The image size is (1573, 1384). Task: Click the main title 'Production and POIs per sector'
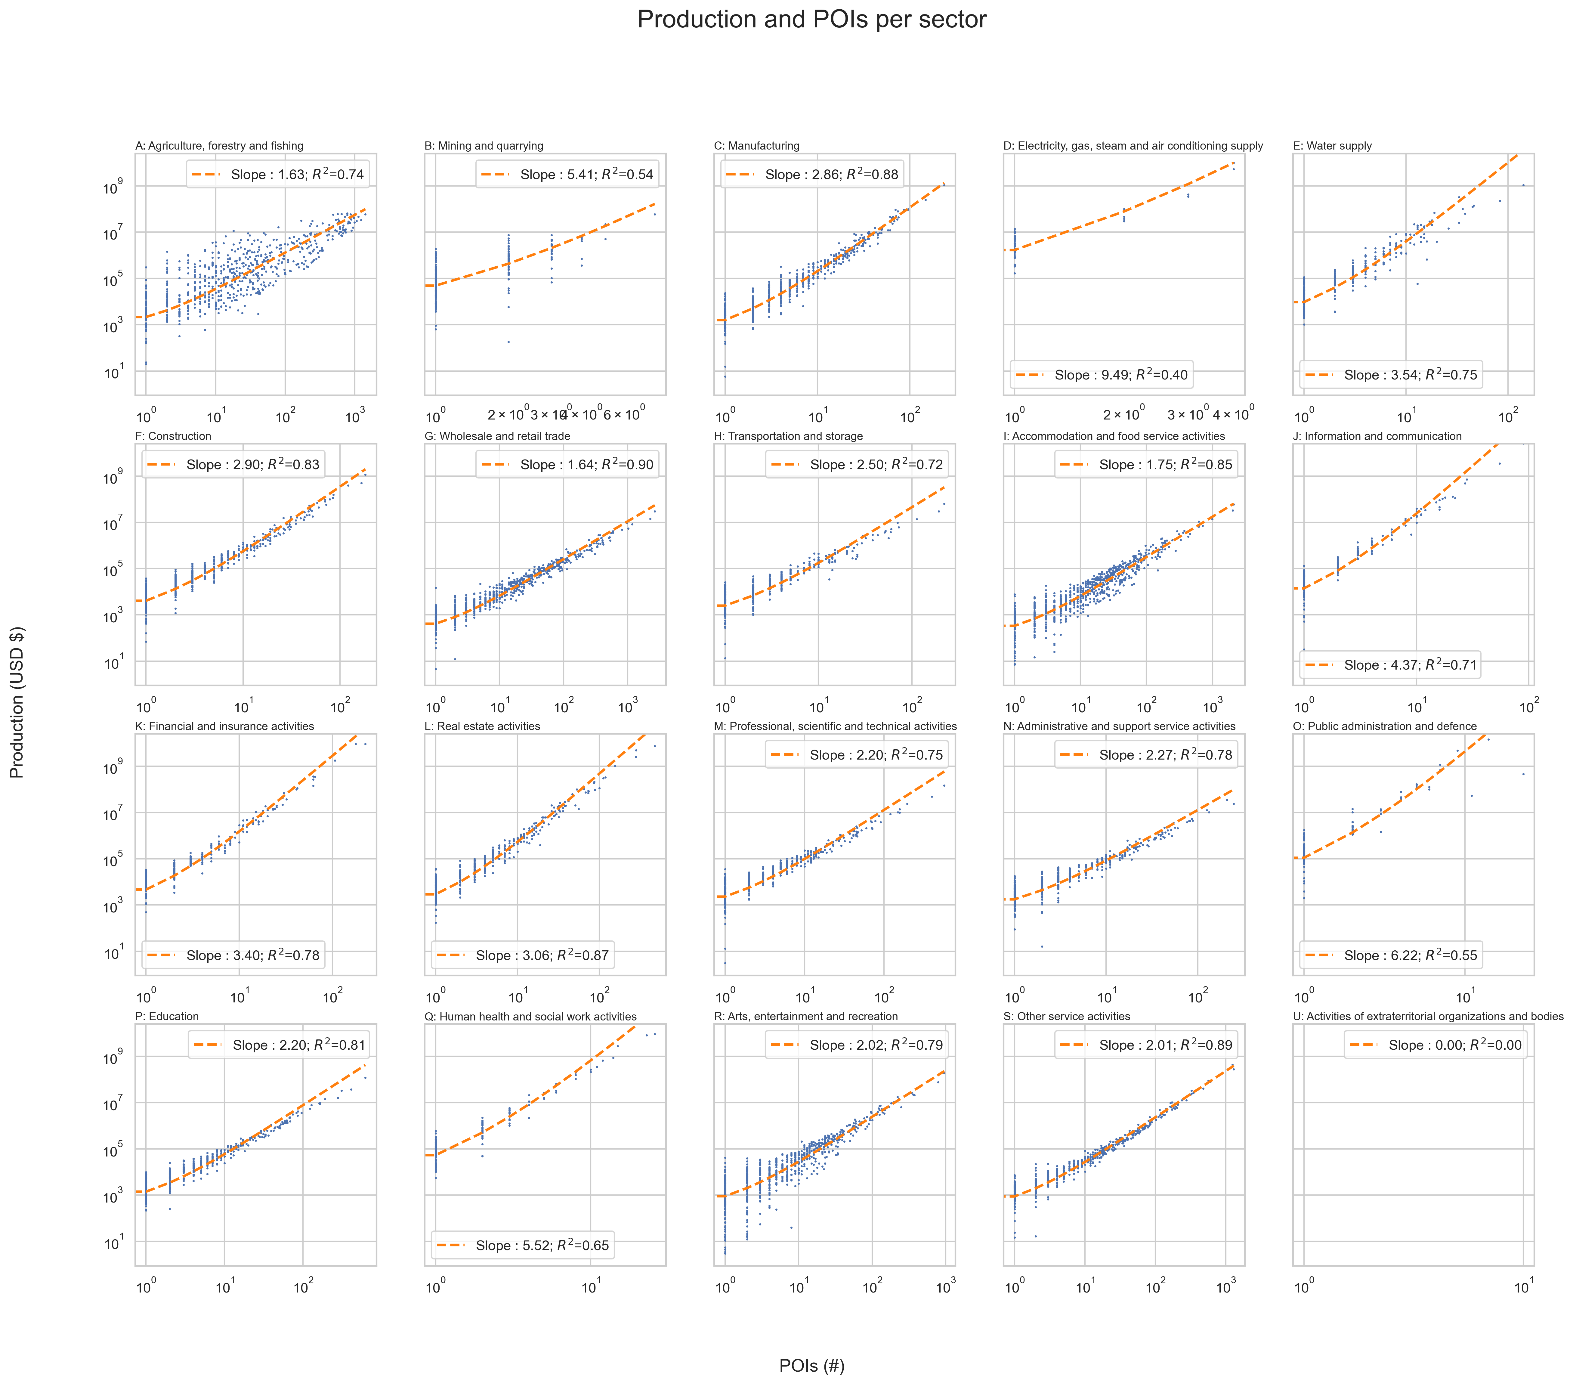(811, 19)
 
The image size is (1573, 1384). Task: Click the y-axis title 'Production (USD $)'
(17, 702)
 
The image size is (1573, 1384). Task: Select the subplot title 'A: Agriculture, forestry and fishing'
(219, 145)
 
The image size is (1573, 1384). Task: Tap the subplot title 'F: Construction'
(173, 436)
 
